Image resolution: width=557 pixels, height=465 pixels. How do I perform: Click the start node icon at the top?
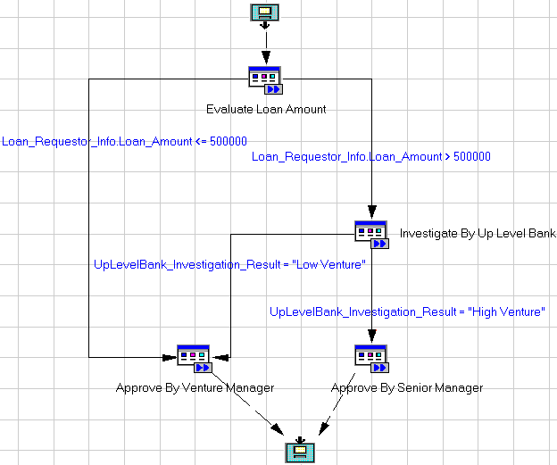point(264,12)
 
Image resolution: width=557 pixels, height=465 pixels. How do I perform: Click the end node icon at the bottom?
point(301,451)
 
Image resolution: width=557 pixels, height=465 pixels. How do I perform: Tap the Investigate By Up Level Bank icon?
point(370,234)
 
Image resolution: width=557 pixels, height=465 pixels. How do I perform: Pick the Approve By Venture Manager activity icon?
point(194,358)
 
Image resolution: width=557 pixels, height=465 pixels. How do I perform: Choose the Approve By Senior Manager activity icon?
point(370,358)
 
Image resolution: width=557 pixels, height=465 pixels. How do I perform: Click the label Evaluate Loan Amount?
point(266,110)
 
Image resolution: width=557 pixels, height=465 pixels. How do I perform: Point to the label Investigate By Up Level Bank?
point(478,234)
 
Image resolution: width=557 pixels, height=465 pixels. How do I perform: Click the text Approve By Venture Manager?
point(195,388)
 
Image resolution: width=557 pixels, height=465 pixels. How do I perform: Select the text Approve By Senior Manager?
point(407,388)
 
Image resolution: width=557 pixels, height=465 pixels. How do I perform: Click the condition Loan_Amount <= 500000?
point(125,141)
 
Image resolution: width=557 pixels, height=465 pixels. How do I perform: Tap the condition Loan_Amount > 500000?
point(371,157)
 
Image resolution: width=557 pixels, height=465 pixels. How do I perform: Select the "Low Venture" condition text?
point(230,264)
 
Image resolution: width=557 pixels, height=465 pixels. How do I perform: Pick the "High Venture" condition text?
point(407,311)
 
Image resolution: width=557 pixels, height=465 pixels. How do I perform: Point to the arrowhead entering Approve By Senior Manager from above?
point(370,336)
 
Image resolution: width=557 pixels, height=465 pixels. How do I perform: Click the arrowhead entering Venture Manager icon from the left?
point(169,357)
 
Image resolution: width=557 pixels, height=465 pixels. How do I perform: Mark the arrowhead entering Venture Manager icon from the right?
point(220,357)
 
